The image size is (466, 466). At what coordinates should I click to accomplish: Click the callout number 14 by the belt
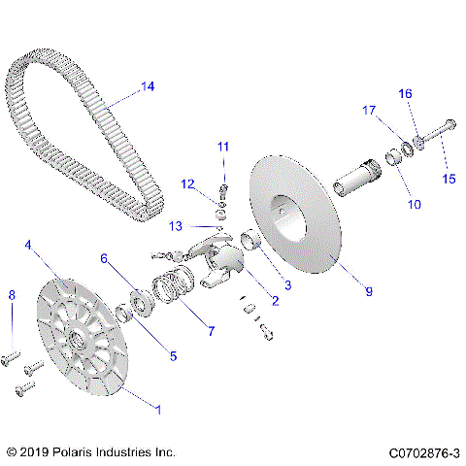(147, 86)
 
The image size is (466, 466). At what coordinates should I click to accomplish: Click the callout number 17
(369, 111)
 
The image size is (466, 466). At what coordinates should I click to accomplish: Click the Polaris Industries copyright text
(90, 452)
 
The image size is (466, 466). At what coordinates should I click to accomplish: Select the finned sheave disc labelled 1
(78, 340)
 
